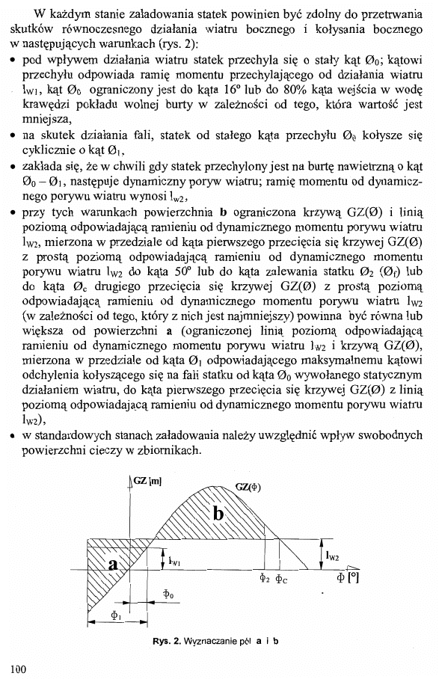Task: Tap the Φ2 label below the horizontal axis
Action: [264, 578]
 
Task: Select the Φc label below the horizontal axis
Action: [283, 578]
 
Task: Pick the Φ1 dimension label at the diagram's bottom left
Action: [115, 615]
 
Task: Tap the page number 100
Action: [19, 669]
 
